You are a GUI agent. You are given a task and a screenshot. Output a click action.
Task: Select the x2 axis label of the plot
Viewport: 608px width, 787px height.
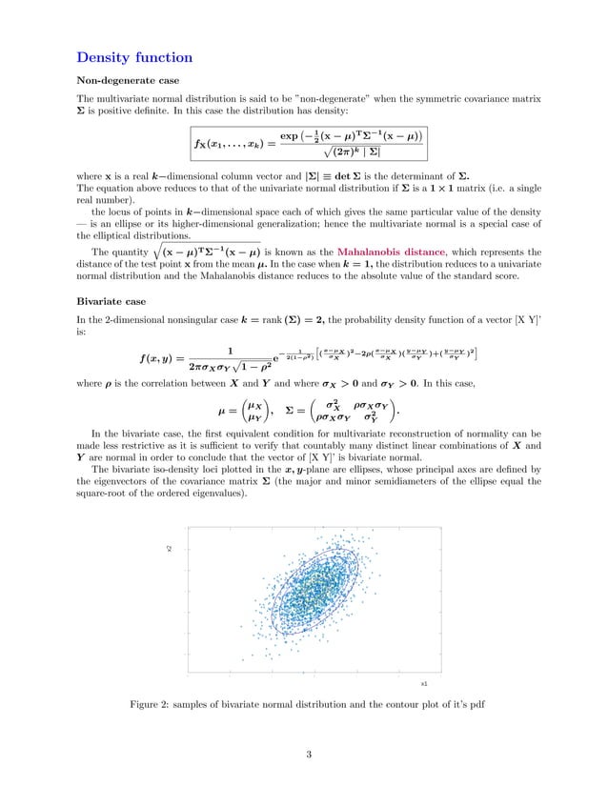click(169, 549)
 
